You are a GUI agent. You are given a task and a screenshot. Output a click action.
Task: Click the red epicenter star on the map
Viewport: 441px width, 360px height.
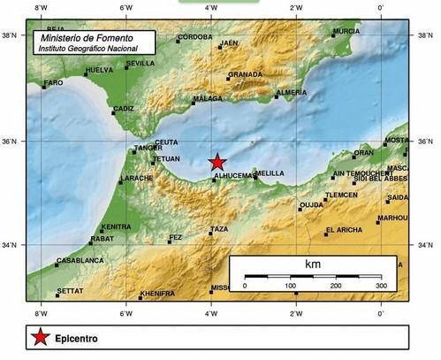pyautogui.click(x=217, y=162)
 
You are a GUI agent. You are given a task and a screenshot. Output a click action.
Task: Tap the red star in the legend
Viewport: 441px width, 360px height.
pyautogui.click(x=39, y=337)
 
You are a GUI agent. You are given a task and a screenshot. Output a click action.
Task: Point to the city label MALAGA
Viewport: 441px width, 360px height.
pyautogui.click(x=208, y=99)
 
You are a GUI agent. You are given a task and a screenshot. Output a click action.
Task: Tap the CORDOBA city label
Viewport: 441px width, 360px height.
pyautogui.click(x=194, y=38)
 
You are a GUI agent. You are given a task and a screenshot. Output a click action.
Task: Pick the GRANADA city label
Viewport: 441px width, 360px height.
pyautogui.click(x=245, y=74)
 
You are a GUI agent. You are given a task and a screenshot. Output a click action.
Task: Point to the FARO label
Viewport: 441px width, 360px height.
pyautogui.click(x=54, y=82)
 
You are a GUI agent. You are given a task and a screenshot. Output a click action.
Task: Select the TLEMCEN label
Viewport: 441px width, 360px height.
pyautogui.click(x=341, y=195)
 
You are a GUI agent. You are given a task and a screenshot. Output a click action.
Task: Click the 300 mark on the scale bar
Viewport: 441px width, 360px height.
pyautogui.click(x=380, y=286)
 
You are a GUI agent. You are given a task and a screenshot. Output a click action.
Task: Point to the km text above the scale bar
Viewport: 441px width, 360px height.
pyautogui.click(x=313, y=264)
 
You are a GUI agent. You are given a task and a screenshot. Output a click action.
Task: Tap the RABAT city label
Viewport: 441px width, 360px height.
pyautogui.click(x=103, y=239)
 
